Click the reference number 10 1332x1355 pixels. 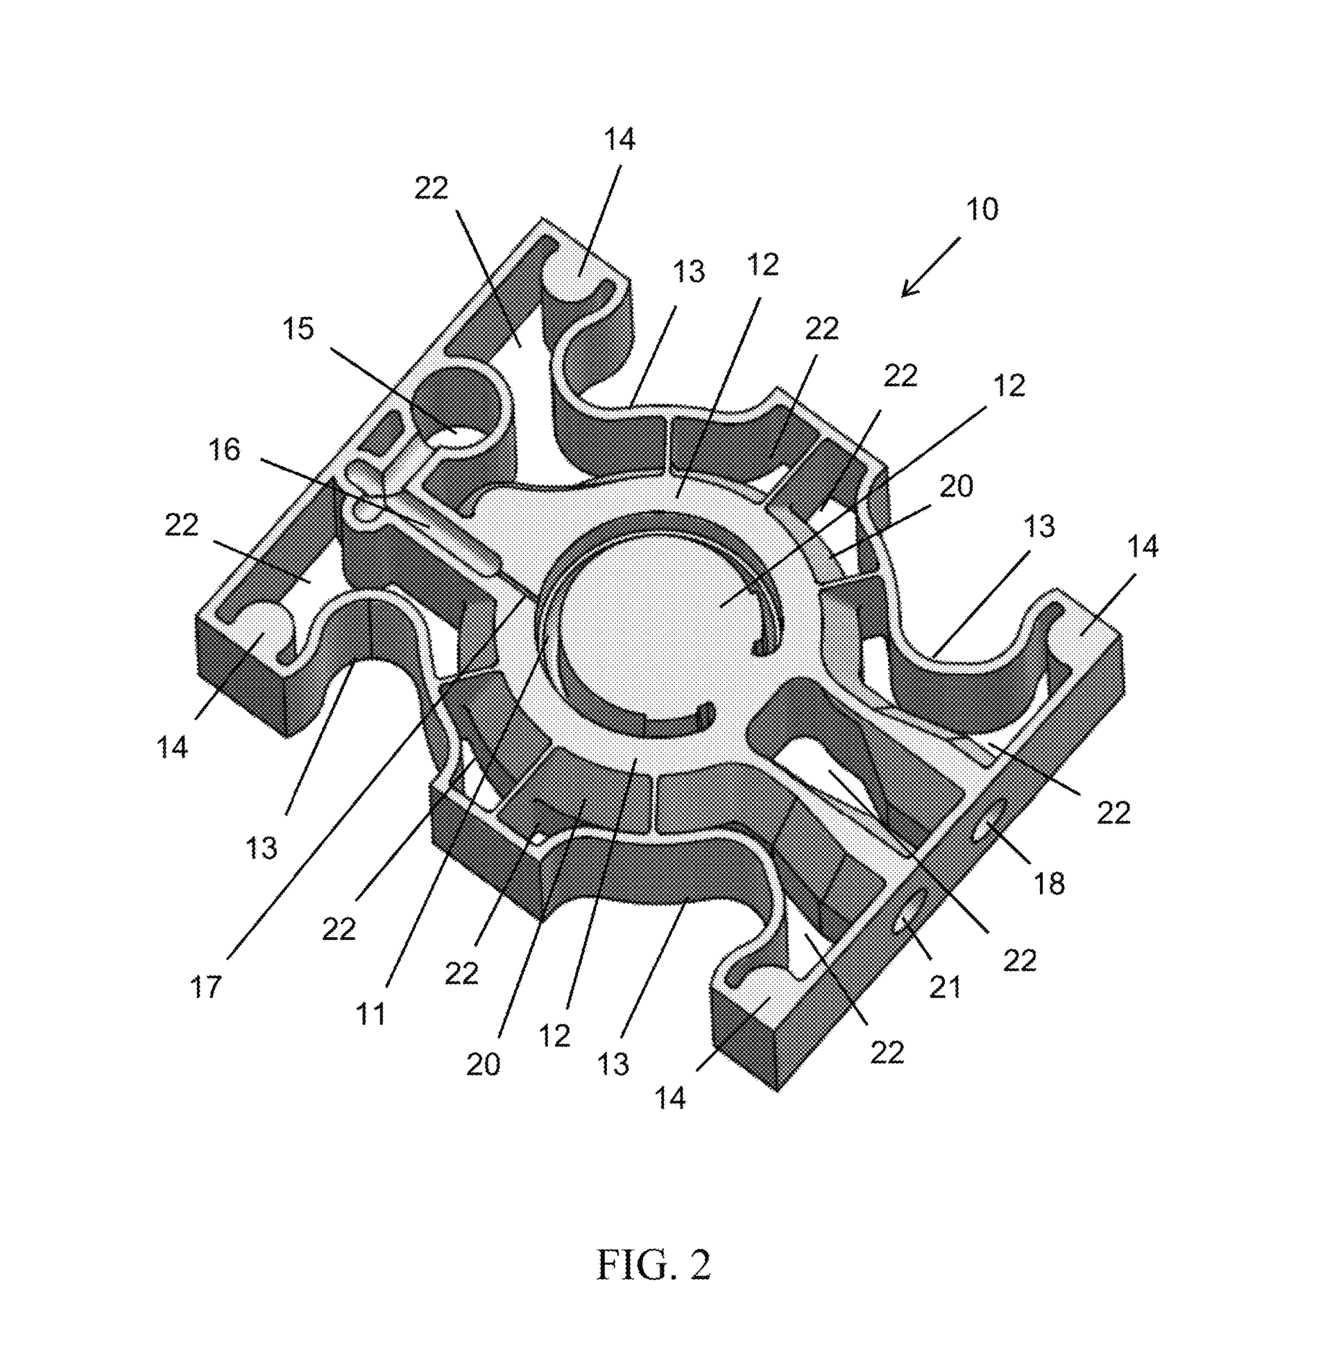point(982,209)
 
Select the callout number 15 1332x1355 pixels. point(298,328)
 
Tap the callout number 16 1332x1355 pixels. point(224,449)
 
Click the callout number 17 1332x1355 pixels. point(205,987)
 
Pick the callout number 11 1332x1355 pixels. point(370,1014)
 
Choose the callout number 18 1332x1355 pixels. point(1049,884)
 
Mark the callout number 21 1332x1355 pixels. point(944,987)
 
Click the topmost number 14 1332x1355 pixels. point(619,140)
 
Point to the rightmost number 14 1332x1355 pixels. point(1143,546)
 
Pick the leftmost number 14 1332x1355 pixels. point(172,748)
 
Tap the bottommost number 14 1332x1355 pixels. point(669,1098)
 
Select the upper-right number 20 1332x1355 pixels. point(955,486)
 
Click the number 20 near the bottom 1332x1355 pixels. point(483,1065)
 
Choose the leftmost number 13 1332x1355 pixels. point(262,848)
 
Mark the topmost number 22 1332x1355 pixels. point(430,188)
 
